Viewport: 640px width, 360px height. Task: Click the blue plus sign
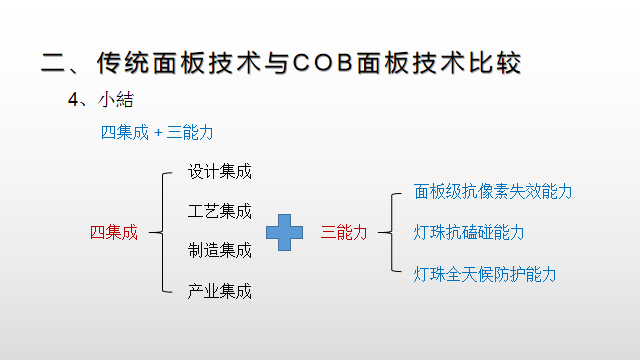[x=284, y=232]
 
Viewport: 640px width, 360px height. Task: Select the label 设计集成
[x=220, y=171]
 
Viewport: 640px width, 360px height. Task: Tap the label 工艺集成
[x=220, y=211]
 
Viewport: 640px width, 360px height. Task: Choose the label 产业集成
[x=220, y=291]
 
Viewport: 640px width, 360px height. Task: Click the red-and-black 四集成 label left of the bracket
[x=114, y=232]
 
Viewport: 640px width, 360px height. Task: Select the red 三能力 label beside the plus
[x=343, y=232]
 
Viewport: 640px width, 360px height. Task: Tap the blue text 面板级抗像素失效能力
[x=493, y=191]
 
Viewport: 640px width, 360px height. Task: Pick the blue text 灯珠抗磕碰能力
[x=469, y=232]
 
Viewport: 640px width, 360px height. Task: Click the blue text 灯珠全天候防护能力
[x=485, y=273]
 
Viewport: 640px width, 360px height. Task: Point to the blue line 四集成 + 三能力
[x=157, y=131]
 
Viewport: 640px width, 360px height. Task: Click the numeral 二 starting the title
[x=53, y=62]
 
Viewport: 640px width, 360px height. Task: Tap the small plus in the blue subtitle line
[x=157, y=132]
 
